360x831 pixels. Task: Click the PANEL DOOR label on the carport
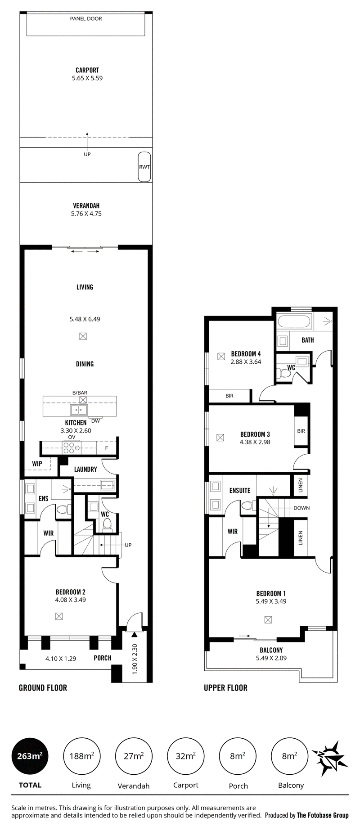(86, 18)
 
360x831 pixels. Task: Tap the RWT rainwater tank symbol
(144, 167)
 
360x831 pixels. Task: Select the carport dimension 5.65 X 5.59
(87, 78)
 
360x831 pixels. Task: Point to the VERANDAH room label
(86, 206)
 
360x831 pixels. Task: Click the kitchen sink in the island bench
(79, 410)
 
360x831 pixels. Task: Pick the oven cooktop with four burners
(71, 447)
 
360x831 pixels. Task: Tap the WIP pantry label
(37, 464)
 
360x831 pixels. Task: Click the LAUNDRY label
(85, 469)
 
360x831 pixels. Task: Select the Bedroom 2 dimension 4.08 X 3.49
(71, 600)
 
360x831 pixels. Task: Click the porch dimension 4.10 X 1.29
(61, 658)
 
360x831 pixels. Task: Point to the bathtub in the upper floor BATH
(294, 322)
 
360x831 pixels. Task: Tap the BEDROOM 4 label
(246, 354)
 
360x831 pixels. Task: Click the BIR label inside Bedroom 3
(301, 431)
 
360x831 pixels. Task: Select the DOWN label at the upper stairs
(301, 508)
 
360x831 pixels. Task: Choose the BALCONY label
(271, 650)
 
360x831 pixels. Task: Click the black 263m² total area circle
(30, 756)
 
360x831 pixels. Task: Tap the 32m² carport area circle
(185, 756)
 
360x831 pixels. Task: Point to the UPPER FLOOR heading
(225, 687)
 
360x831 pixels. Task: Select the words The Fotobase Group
(323, 815)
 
